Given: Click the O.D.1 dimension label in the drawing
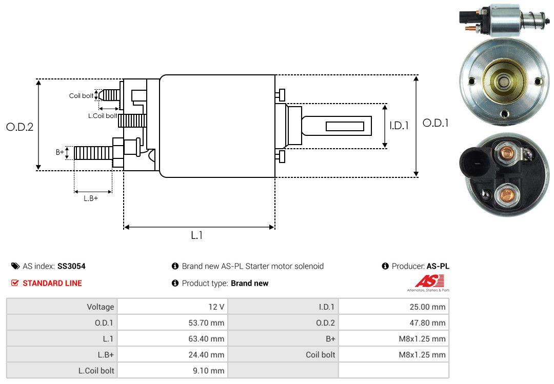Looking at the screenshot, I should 436,124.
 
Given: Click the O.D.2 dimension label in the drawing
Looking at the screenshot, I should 19,127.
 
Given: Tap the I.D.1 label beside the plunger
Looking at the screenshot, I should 399,125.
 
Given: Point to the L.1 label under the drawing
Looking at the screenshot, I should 197,235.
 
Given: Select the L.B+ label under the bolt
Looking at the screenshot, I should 91,198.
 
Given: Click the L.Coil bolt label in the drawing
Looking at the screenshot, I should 102,116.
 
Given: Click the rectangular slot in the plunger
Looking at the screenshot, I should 345,126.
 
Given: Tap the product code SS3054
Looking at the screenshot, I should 71,266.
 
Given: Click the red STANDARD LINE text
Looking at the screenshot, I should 52,283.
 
